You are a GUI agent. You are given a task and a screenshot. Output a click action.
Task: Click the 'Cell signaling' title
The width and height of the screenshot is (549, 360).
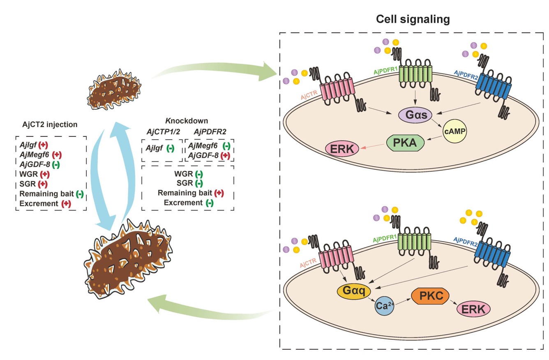point(413,19)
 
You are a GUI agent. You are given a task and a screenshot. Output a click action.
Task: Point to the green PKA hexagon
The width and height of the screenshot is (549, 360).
point(405,143)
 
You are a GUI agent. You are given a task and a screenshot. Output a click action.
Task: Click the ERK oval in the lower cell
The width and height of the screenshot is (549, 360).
point(474,309)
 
